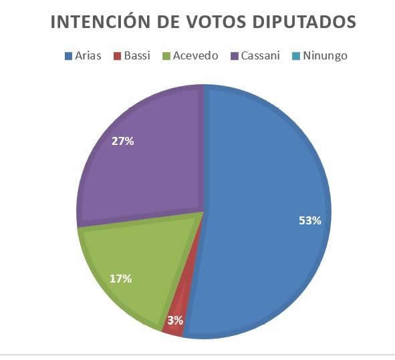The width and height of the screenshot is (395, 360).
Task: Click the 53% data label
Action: click(310, 220)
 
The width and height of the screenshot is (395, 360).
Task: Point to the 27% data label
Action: click(123, 141)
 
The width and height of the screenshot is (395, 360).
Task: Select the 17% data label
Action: click(121, 279)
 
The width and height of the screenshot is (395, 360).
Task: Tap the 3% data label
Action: click(175, 321)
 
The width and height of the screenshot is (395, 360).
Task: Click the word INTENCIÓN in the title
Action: click(100, 21)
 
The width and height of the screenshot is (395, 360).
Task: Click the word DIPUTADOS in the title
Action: click(304, 21)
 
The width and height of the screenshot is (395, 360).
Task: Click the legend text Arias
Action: click(88, 55)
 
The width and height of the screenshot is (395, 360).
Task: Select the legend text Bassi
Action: click(137, 55)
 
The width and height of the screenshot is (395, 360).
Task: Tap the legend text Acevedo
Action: click(195, 55)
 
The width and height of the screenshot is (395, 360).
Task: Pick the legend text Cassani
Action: click(260, 55)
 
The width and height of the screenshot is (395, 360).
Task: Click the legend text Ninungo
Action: click(325, 56)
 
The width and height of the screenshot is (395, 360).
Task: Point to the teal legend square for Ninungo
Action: click(297, 56)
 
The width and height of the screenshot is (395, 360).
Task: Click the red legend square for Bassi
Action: click(118, 56)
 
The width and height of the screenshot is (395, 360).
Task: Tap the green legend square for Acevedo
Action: click(166, 56)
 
